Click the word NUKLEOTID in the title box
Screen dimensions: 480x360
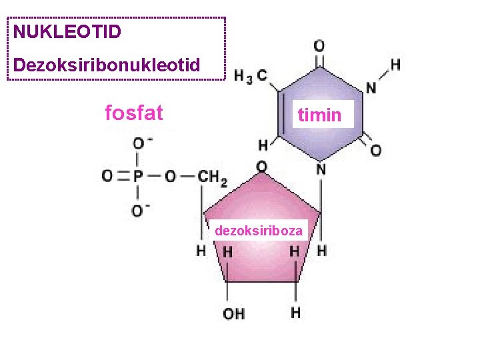coord(67,31)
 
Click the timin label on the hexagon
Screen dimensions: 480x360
coord(319,115)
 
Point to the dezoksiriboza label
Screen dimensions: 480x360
coord(259,231)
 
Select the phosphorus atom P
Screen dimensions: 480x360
coord(138,177)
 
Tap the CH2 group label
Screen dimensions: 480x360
coord(213,177)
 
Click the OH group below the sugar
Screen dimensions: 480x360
coord(233,313)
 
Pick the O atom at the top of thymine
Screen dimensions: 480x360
coord(319,46)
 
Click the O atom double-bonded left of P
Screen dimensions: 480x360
coord(107,177)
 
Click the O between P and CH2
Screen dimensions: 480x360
coord(171,177)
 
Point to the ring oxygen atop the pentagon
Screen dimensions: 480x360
coord(262,166)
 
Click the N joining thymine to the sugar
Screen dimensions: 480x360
coord(321,169)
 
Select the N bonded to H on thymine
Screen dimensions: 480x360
coord(371,87)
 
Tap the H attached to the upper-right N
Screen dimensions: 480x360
coord(395,65)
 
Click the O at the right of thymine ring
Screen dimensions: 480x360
coord(376,151)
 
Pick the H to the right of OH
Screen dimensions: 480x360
coord(295,312)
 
